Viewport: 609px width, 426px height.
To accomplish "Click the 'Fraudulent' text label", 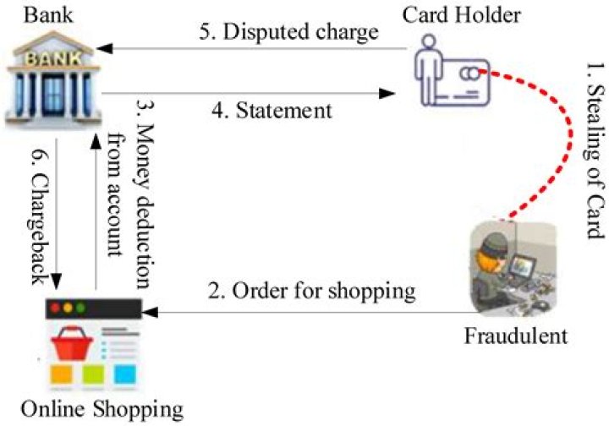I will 515,336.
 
